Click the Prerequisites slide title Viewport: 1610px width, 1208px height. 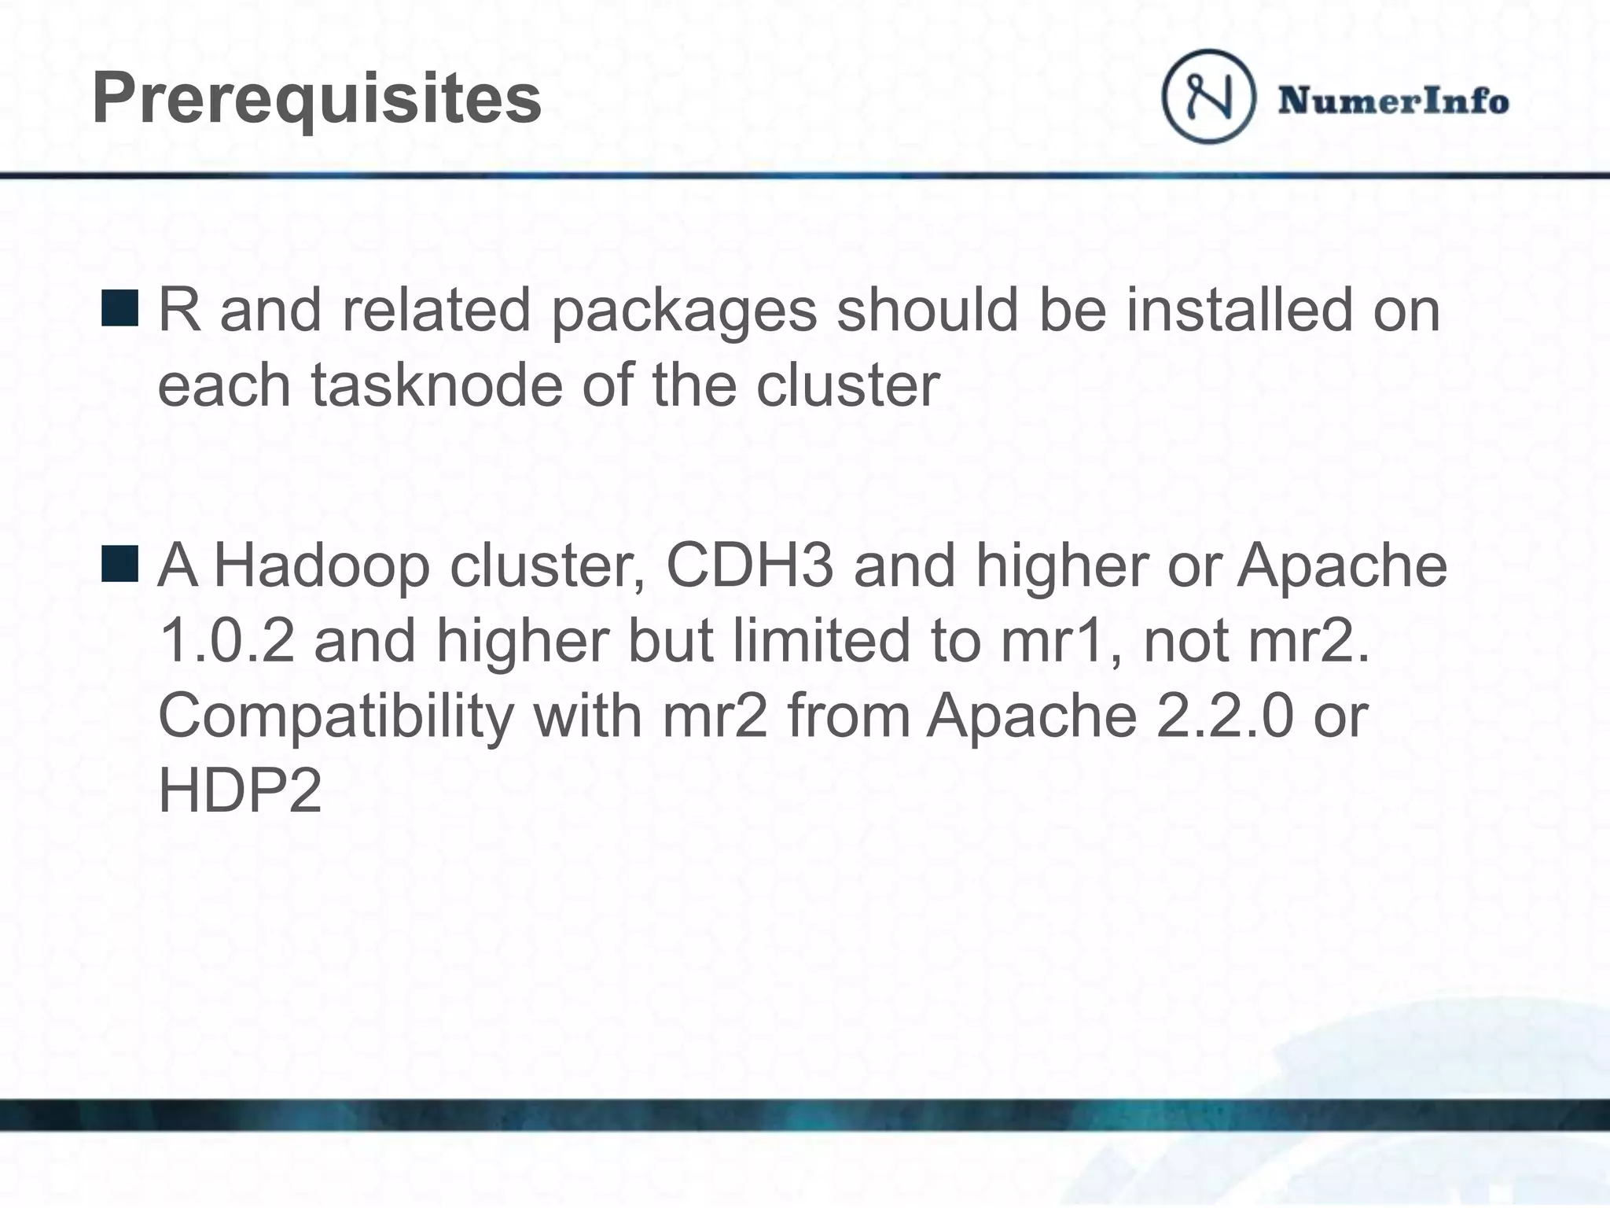(x=317, y=100)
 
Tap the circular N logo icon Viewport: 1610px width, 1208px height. (x=1208, y=96)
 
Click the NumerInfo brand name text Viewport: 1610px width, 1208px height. (x=1393, y=101)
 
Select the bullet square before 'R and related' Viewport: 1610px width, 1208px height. (x=120, y=308)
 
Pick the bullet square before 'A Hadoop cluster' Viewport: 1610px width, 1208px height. (x=120, y=564)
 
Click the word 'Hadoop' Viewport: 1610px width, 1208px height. (x=322, y=566)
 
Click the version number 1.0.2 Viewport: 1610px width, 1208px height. (x=226, y=640)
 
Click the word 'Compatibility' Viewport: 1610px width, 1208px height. (x=336, y=716)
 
